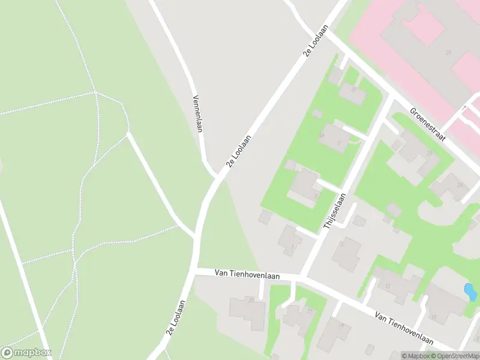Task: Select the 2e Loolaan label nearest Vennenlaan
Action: tap(238, 152)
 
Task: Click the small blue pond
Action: tap(470, 292)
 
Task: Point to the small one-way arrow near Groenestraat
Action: tap(463, 109)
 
